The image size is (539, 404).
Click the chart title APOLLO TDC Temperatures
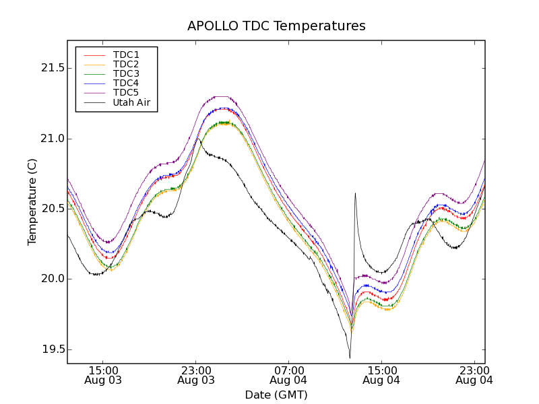(x=276, y=26)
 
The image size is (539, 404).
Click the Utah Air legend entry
(x=131, y=102)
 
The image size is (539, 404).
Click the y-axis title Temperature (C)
(x=32, y=202)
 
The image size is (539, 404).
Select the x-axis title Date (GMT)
(x=276, y=395)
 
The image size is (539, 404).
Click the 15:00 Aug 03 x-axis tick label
(x=103, y=375)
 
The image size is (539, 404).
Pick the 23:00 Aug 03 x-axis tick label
(x=196, y=375)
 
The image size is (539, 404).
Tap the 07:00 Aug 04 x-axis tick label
(x=289, y=375)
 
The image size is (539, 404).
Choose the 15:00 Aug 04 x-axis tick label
(x=381, y=375)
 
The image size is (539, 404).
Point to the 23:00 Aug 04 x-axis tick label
(x=474, y=375)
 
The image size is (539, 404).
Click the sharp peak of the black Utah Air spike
(x=355, y=193)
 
